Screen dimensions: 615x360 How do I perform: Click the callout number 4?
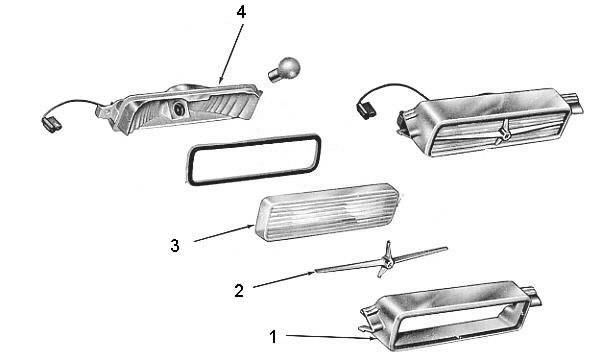point(241,13)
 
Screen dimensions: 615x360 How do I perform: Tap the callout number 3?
point(175,246)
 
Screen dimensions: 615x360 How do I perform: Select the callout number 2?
point(239,291)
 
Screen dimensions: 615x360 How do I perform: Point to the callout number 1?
point(273,337)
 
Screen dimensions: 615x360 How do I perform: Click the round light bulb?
point(284,70)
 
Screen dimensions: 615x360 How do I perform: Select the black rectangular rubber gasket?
point(253,159)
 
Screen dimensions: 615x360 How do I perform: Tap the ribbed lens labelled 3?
point(328,212)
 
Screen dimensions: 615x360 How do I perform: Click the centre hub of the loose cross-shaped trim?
point(386,259)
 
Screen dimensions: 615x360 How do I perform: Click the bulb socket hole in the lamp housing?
point(179,108)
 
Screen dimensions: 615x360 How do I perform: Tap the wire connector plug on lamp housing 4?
point(51,124)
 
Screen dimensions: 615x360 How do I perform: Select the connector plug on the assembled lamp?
point(366,110)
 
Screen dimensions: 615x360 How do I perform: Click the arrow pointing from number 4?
point(231,54)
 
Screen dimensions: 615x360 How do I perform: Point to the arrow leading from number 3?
point(224,233)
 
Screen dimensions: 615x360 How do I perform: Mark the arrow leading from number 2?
point(284,279)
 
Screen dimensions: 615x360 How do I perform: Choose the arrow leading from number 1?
point(331,337)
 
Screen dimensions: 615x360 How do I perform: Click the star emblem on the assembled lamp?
point(503,132)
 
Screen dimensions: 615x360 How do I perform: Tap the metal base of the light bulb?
point(274,74)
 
